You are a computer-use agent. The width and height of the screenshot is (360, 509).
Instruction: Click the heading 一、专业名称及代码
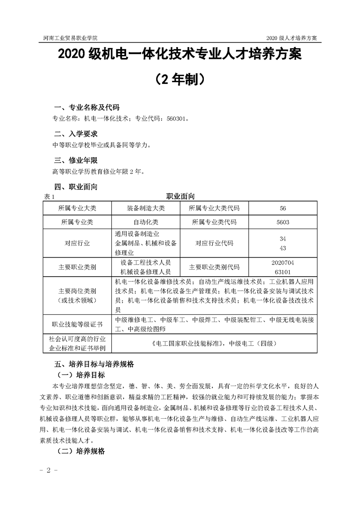click(x=86, y=108)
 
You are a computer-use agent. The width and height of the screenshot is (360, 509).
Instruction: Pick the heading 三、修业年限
click(x=75, y=160)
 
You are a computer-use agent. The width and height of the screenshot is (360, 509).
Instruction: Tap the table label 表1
click(x=49, y=196)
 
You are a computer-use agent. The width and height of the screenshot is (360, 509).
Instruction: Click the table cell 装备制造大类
click(x=146, y=208)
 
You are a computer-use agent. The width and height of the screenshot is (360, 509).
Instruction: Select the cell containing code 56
click(x=283, y=208)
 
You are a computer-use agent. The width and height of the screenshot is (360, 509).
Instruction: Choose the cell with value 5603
click(x=283, y=222)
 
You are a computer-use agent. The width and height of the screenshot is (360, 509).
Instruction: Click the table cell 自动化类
click(x=146, y=222)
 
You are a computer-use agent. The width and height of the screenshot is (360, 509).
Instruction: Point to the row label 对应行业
click(x=77, y=243)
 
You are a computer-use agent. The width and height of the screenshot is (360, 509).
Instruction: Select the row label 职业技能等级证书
click(x=77, y=325)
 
